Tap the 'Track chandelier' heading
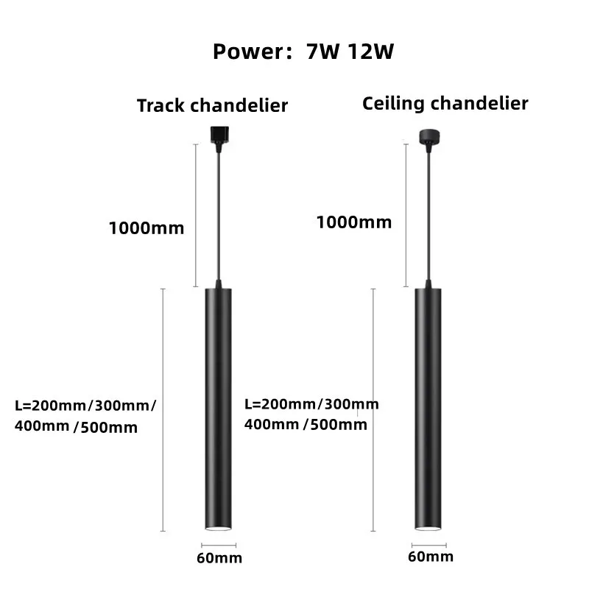pyautogui.click(x=212, y=106)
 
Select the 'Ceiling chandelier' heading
pyautogui.click(x=445, y=103)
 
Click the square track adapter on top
pyautogui.click(x=218, y=133)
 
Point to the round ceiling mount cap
pyautogui.click(x=427, y=135)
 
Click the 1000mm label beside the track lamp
pyautogui.click(x=146, y=228)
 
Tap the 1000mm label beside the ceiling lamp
pyautogui.click(x=354, y=222)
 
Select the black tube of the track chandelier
pyautogui.click(x=219, y=405)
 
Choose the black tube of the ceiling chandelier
pyautogui.click(x=429, y=405)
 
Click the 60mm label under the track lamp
pyautogui.click(x=219, y=558)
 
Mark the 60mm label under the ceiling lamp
pyautogui.click(x=431, y=557)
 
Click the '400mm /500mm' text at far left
pyautogui.click(x=76, y=427)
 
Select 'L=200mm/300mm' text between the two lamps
pyautogui.click(x=311, y=404)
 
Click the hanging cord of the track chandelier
pyautogui.click(x=218, y=214)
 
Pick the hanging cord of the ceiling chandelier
pyautogui.click(x=427, y=214)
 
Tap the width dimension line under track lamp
pyautogui.click(x=219, y=546)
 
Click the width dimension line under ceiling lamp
pyautogui.click(x=430, y=545)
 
